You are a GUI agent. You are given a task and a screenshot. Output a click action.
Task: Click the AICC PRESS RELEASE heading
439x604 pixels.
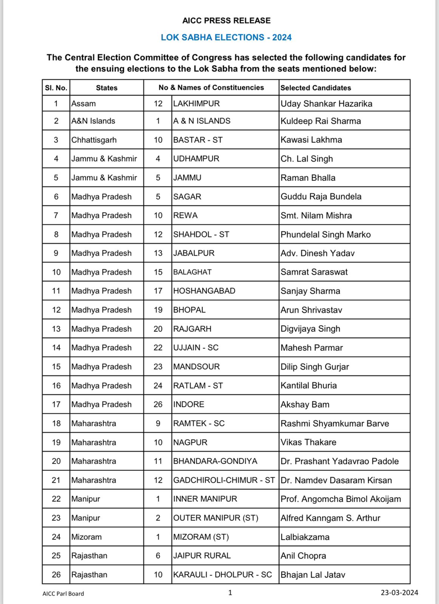click(226, 21)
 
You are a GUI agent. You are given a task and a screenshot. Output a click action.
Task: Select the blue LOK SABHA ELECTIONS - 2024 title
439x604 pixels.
click(226, 37)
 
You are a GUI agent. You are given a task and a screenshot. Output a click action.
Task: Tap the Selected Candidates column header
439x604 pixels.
click(315, 88)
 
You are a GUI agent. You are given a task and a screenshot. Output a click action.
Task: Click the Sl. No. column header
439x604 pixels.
click(56, 88)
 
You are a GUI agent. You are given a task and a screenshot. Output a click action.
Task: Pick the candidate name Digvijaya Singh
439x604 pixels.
click(310, 329)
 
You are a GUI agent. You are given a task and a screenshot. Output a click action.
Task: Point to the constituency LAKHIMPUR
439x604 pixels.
click(196, 104)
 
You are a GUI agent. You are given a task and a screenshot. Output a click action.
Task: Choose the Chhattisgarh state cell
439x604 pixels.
click(94, 140)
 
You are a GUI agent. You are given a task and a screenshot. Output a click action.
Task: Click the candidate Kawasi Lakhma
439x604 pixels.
click(311, 140)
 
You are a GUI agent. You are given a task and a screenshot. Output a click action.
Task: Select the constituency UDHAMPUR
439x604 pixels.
click(196, 159)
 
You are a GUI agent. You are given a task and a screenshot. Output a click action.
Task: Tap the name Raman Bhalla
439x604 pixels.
click(308, 178)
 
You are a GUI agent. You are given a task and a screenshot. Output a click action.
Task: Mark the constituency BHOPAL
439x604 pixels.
click(189, 310)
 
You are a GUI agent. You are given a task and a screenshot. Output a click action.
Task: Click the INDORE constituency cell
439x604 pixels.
click(189, 404)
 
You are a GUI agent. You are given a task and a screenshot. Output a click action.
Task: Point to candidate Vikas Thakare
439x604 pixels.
click(308, 442)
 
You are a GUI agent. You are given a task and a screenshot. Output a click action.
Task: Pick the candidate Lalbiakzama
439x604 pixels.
click(305, 537)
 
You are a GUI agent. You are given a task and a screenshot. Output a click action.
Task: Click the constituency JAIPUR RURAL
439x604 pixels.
click(202, 556)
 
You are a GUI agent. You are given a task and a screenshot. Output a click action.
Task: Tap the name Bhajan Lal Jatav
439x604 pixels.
click(313, 575)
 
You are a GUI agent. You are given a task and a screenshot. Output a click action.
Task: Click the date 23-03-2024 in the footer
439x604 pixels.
click(399, 593)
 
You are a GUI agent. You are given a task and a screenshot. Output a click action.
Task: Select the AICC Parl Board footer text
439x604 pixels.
click(63, 593)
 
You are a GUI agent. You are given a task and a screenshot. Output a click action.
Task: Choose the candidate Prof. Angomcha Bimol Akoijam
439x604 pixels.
click(340, 499)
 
